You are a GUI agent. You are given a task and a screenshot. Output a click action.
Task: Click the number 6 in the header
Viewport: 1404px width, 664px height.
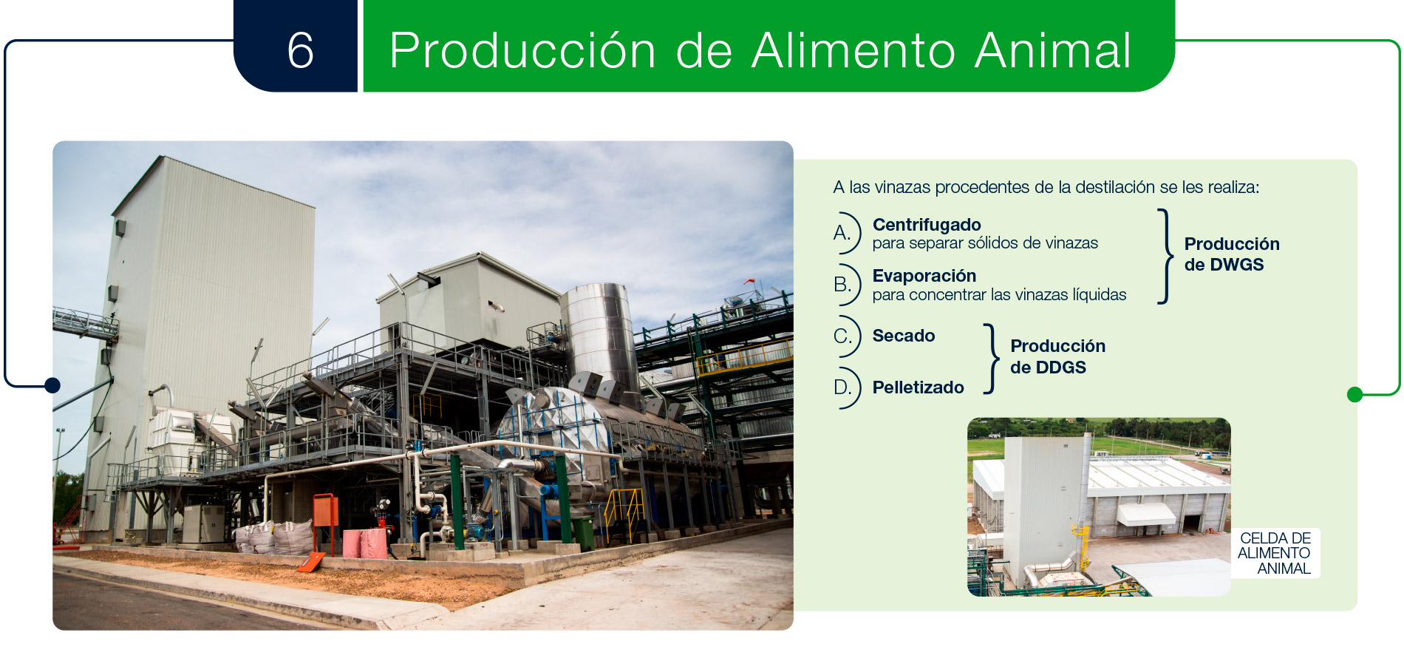click(x=301, y=50)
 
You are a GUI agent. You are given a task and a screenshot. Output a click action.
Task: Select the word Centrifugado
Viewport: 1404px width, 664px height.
click(x=927, y=225)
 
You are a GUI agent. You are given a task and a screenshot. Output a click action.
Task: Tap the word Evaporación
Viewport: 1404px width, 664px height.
click(x=924, y=276)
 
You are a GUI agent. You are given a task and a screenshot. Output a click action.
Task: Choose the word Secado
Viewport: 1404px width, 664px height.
click(x=904, y=336)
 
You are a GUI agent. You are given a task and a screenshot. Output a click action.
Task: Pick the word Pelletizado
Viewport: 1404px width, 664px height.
click(x=919, y=387)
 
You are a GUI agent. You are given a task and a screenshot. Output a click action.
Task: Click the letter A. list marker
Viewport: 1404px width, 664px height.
click(x=842, y=233)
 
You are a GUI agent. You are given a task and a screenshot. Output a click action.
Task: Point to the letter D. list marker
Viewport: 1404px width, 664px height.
click(x=842, y=387)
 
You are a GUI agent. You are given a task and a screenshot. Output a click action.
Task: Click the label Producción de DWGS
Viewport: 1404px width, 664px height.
click(x=1232, y=254)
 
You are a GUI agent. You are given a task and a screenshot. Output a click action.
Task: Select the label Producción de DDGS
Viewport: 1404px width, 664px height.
click(x=1058, y=356)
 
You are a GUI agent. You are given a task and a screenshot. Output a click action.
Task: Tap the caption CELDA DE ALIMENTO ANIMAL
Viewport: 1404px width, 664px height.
click(x=1275, y=553)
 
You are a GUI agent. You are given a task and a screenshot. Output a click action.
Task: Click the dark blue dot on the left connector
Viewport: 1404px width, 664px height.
click(x=52, y=385)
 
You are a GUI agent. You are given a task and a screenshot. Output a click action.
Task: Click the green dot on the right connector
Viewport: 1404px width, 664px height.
click(x=1354, y=395)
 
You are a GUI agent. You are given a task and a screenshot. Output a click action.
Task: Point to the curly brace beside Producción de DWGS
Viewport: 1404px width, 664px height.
click(x=1166, y=257)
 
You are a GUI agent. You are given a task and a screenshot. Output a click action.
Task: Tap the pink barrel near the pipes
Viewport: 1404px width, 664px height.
click(x=373, y=543)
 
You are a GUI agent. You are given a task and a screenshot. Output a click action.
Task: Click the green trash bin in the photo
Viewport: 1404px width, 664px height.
click(x=583, y=532)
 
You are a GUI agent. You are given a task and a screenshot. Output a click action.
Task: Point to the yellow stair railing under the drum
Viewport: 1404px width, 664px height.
click(x=624, y=510)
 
